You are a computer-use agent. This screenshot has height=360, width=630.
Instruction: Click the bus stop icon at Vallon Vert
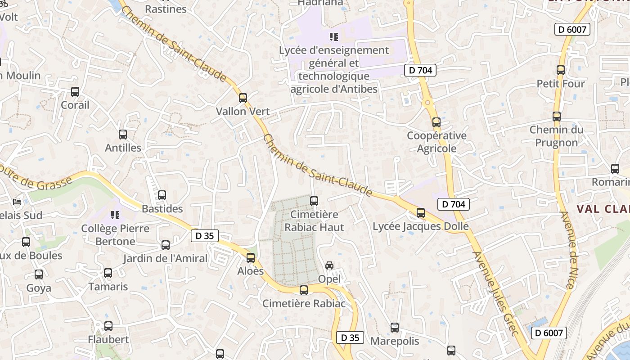tap(243, 98)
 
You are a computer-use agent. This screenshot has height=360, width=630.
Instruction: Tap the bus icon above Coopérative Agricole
tap(436, 122)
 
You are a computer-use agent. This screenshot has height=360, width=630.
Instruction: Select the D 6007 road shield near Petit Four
tap(571, 30)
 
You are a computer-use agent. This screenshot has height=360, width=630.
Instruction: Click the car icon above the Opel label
tap(329, 265)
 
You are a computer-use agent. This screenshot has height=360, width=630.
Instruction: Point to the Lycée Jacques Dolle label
tap(421, 226)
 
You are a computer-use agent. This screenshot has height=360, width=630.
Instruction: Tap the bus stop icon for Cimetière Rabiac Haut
tap(314, 201)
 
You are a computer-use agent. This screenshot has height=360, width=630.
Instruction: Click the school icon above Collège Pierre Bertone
tap(115, 215)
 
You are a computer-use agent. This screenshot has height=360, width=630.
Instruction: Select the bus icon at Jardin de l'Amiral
tap(166, 245)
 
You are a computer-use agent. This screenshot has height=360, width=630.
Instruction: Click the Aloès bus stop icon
tap(251, 258)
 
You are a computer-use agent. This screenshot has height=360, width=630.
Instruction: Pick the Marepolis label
tap(395, 341)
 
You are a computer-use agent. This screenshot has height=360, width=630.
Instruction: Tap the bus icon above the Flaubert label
tap(108, 326)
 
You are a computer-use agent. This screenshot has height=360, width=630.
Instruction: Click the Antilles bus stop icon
tap(123, 134)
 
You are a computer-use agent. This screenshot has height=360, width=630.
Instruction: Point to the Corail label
tap(75, 105)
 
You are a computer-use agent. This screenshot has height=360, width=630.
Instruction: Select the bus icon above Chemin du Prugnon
tap(557, 116)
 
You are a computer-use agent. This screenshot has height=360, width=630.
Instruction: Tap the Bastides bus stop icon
tap(162, 195)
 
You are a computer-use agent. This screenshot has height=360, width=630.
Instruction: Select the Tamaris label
tap(108, 287)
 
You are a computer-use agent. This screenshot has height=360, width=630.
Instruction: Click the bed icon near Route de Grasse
tap(17, 201)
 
